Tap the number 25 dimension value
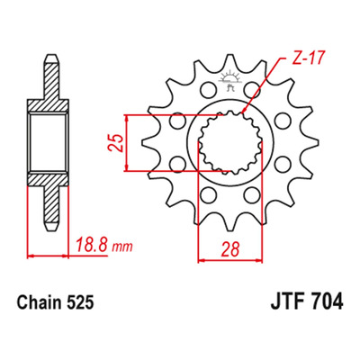(x=116, y=143)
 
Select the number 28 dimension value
(x=230, y=249)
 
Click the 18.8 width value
(x=92, y=246)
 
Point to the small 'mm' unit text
(x=122, y=247)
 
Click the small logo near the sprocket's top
(x=230, y=79)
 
